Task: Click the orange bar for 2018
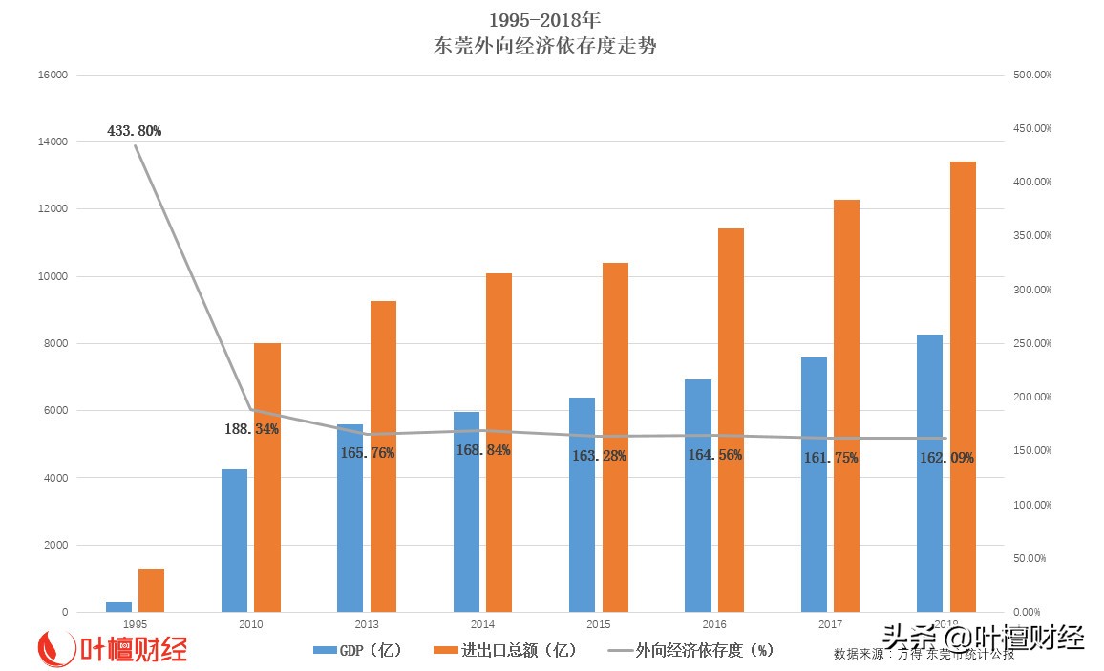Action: (963, 386)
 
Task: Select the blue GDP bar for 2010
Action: (234, 540)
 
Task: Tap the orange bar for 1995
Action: (151, 590)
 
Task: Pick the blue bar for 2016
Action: (698, 495)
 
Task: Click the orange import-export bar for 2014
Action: (499, 442)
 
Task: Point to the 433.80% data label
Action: (134, 131)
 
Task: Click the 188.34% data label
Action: (251, 430)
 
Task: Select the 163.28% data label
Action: (599, 456)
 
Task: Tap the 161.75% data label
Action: (831, 458)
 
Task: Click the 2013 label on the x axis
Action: (367, 624)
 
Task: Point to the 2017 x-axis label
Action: (830, 624)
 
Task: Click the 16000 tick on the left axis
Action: (53, 76)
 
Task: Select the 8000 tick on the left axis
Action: (55, 344)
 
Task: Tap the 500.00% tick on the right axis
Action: (1031, 76)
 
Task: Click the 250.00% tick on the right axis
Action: (1031, 344)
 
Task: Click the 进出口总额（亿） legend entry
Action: (505, 650)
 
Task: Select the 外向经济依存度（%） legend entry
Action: (690, 650)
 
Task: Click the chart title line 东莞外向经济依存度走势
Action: (545, 46)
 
